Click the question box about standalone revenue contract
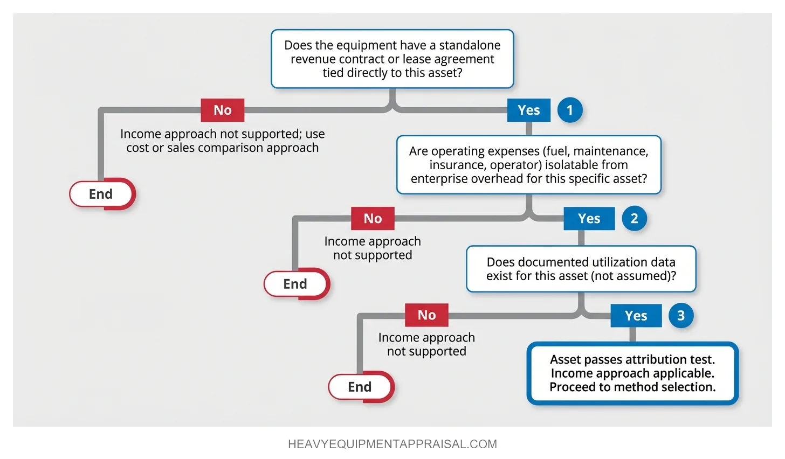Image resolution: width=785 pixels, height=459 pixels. (x=392, y=59)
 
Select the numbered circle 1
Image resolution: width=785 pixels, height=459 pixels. (x=569, y=110)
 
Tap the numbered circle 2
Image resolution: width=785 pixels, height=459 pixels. (x=634, y=218)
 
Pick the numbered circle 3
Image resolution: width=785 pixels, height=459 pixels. (x=681, y=315)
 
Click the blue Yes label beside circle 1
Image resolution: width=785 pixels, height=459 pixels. (x=528, y=110)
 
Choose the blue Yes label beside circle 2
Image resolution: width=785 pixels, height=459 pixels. (x=589, y=218)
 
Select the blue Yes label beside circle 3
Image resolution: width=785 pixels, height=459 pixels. (x=636, y=316)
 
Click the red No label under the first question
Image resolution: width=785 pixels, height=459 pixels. (x=222, y=110)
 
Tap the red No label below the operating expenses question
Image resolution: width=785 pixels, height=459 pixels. (x=373, y=218)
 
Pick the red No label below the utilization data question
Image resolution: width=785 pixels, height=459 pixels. (x=426, y=315)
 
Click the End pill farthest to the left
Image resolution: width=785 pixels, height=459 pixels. (x=101, y=194)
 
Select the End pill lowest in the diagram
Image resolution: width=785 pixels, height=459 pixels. (x=360, y=387)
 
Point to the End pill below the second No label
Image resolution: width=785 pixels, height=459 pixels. (x=295, y=284)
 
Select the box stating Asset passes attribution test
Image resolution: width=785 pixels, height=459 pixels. (x=632, y=373)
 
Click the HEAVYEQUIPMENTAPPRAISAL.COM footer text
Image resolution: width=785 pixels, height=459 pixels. (x=392, y=444)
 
